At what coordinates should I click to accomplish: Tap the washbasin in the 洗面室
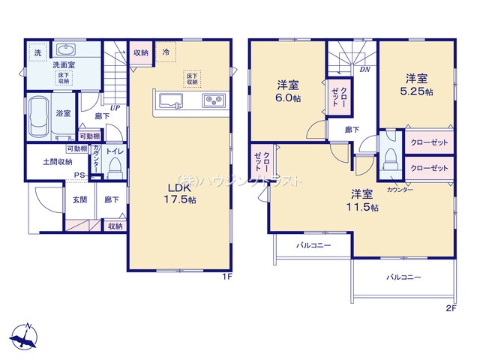point(67,51)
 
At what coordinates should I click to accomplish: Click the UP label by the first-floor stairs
point(115,108)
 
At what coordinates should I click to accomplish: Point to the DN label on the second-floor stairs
point(364,70)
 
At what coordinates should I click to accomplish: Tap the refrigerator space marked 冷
point(165,53)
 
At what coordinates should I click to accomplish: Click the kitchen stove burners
point(212,100)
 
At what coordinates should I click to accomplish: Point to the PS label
point(78,177)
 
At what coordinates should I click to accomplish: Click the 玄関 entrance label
point(79,199)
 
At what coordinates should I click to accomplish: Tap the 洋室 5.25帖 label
point(417,85)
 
